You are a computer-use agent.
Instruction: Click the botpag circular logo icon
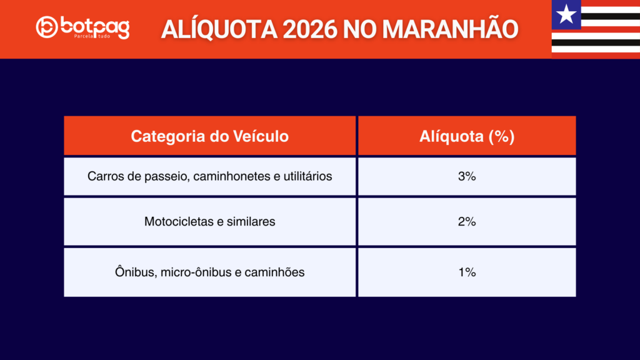click(46, 27)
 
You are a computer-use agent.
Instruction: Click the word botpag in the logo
click(95, 27)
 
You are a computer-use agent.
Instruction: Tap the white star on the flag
click(566, 14)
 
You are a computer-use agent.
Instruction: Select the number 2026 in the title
click(310, 29)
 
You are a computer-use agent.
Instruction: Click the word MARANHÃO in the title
click(450, 29)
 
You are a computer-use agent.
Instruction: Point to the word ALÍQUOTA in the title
click(219, 29)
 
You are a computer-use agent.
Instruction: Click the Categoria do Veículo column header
click(210, 136)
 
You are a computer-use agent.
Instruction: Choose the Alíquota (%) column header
click(467, 136)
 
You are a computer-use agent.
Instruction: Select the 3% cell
click(467, 176)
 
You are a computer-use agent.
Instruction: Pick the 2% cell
click(467, 222)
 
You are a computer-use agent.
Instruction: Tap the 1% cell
click(467, 272)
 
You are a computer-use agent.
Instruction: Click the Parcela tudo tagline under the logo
click(92, 36)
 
